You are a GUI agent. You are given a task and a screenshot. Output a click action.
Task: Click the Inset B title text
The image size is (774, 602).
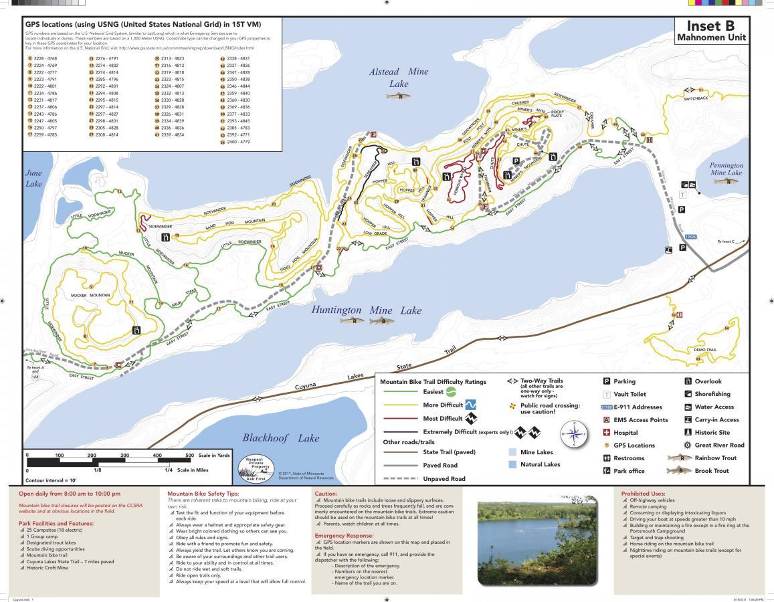pyautogui.click(x=710, y=27)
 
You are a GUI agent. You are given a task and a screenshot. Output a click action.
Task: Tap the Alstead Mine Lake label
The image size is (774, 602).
pyautogui.click(x=399, y=78)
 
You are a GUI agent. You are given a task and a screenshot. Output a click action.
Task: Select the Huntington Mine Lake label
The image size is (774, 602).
pyautogui.click(x=367, y=310)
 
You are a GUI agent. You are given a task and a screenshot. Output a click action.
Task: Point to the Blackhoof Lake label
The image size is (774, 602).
pyautogui.click(x=280, y=438)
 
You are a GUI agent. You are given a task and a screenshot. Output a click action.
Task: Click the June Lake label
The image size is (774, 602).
pyautogui.click(x=33, y=178)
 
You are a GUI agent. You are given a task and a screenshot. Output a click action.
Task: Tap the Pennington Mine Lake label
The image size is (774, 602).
pyautogui.click(x=726, y=169)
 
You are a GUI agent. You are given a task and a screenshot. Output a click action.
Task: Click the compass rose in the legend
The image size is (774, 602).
pyautogui.click(x=575, y=434)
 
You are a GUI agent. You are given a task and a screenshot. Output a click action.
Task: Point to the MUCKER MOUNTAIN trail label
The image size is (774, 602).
pyautogui.click(x=91, y=295)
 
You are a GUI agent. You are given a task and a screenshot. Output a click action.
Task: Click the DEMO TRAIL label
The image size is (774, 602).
pyautogui.click(x=704, y=350)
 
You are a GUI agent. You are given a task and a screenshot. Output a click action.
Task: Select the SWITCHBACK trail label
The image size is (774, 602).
pyautogui.click(x=695, y=98)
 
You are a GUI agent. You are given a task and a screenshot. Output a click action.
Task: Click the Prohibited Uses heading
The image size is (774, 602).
pyautogui.click(x=645, y=494)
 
